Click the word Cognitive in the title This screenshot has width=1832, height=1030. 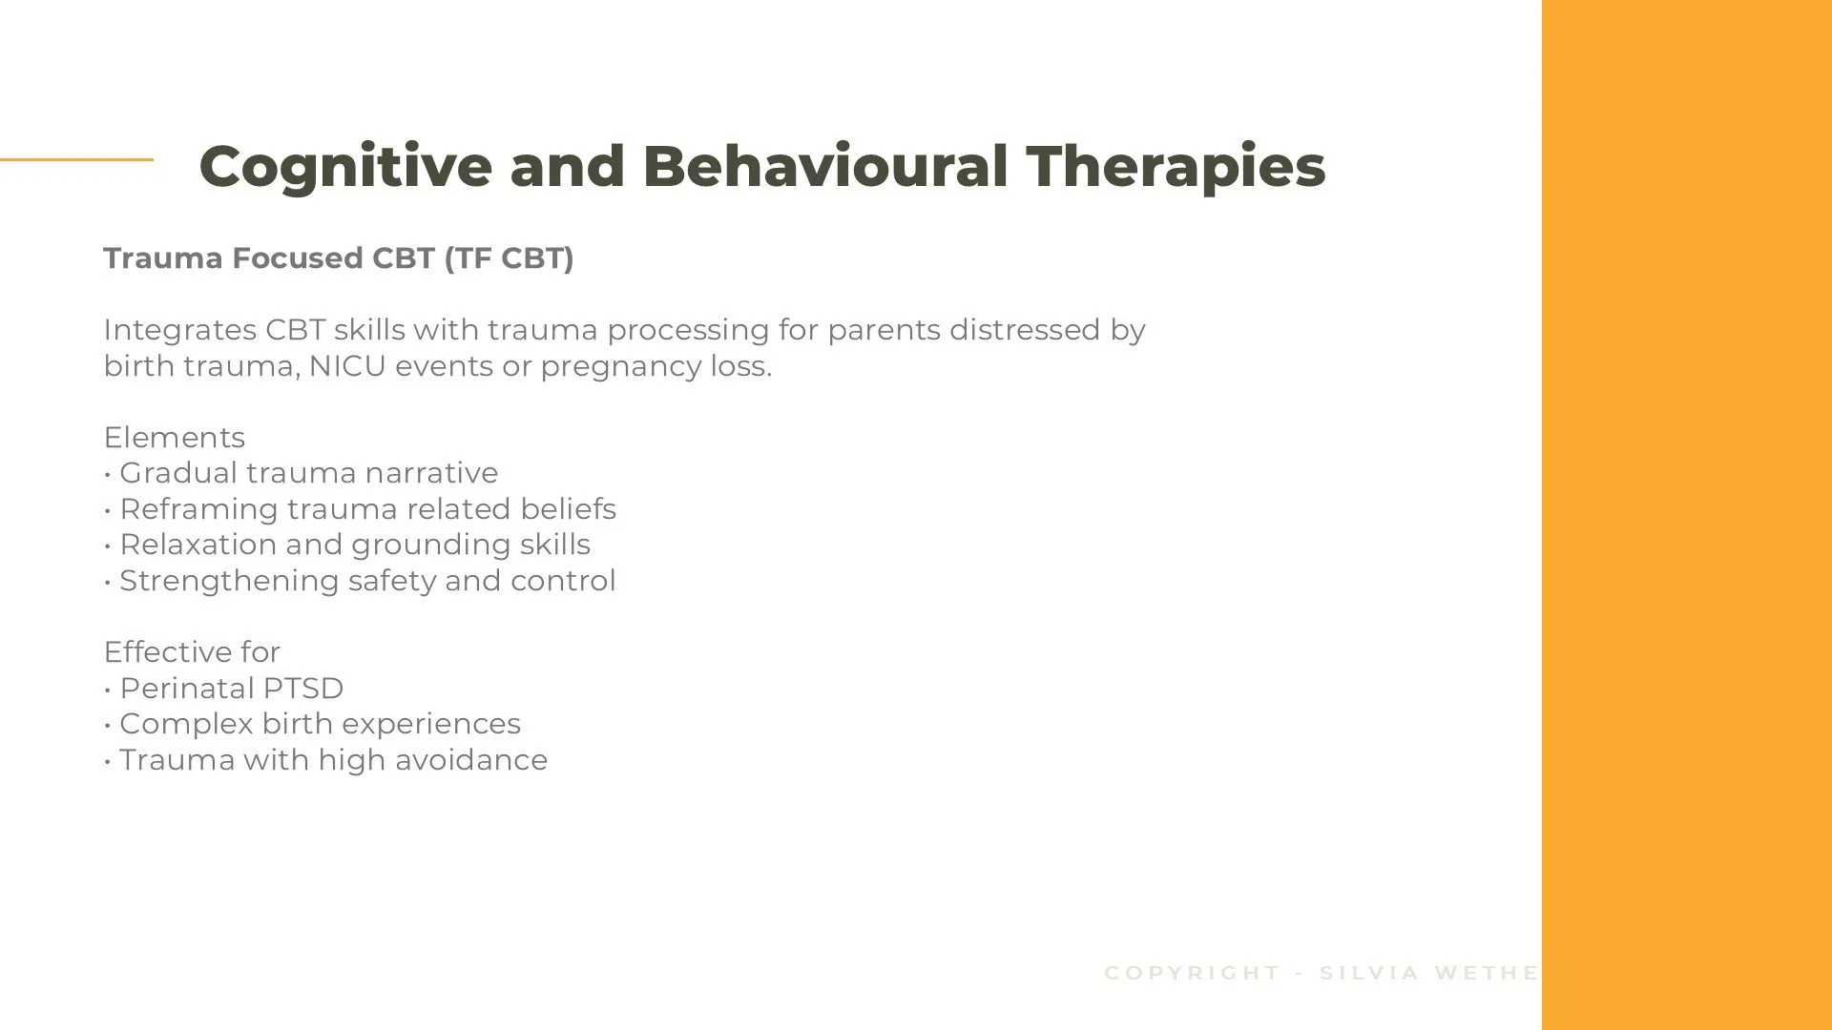[x=345, y=167]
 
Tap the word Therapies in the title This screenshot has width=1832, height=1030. [x=1176, y=167]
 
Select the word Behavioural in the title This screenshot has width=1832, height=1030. [x=824, y=167]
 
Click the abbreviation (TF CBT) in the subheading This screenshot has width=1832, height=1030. [x=509, y=258]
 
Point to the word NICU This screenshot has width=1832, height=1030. [x=347, y=366]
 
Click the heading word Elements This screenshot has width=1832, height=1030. [x=175, y=438]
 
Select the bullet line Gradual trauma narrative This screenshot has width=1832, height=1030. [x=308, y=473]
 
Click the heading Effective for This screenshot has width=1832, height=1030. [x=192, y=652]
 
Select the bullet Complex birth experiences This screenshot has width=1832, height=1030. [x=320, y=724]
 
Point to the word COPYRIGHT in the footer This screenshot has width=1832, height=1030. [x=1192, y=973]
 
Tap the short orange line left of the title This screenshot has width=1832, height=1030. [x=76, y=159]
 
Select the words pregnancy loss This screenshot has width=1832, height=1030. [x=656, y=366]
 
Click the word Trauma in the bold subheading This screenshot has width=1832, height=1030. [x=163, y=258]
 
